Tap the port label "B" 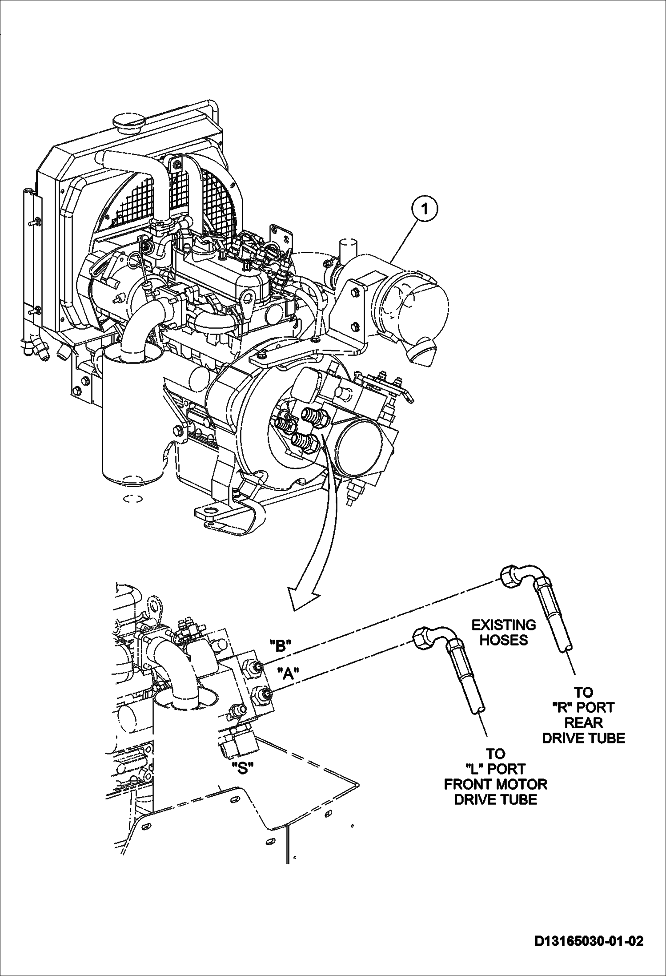[x=280, y=645]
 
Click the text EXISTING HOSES [x=503, y=633]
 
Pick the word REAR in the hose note [x=583, y=722]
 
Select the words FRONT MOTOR [x=495, y=784]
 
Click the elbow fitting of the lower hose [x=433, y=635]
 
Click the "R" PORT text [x=583, y=707]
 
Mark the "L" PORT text [x=495, y=769]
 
